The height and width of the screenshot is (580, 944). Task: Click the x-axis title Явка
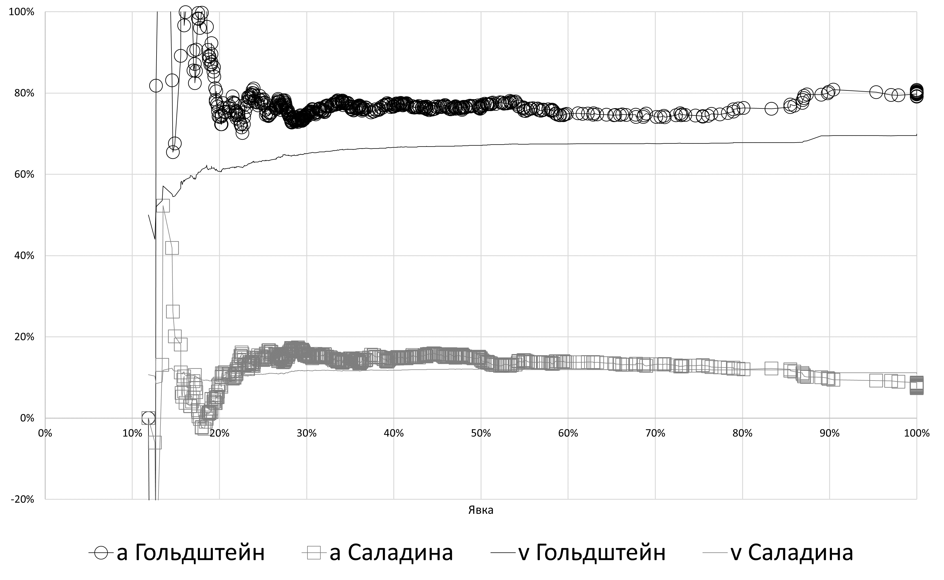481,510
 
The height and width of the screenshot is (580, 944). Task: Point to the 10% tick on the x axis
132,434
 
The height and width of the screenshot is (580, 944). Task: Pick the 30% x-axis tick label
307,434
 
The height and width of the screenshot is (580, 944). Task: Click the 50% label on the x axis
481,434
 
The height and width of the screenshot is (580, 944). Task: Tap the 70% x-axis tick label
655,434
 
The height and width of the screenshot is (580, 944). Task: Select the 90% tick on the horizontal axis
829,434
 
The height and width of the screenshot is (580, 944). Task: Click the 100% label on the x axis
917,434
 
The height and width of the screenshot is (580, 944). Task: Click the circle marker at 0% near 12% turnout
148,418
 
